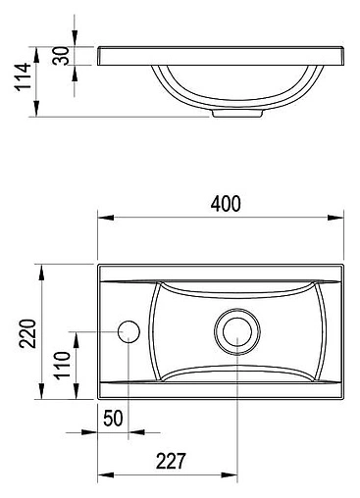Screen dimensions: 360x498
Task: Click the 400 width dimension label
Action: click(226, 204)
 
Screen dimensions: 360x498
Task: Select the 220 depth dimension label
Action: click(27, 333)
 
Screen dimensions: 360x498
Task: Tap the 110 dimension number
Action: click(62, 366)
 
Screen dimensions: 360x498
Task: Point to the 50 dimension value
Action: click(113, 419)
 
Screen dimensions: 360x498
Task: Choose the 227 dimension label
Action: click(171, 461)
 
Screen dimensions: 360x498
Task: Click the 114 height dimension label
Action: click(23, 76)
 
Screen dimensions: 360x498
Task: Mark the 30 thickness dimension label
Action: click(61, 56)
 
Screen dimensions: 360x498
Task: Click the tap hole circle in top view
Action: click(129, 331)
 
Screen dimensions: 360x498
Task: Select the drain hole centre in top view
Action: click(237, 331)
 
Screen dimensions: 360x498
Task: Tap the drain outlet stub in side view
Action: click(237, 113)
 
